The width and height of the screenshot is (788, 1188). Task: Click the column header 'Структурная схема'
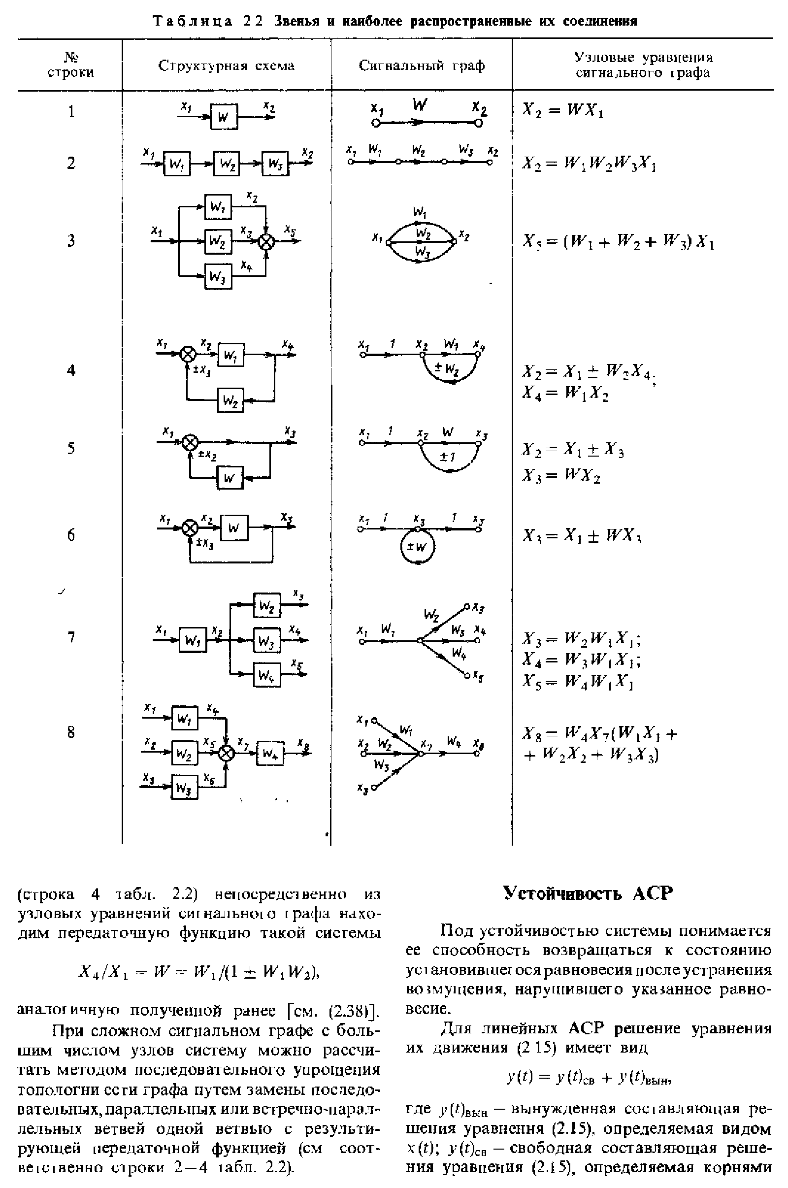226,66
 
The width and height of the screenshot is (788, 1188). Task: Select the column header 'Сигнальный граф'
422,66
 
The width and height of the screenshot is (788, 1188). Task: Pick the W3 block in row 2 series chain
275,164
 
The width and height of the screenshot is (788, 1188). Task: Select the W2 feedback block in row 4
230,400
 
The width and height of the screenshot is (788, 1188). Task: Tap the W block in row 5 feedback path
230,477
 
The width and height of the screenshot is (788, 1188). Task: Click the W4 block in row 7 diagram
267,675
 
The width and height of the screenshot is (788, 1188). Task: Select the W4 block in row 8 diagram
270,753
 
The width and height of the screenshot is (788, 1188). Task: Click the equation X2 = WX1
562,110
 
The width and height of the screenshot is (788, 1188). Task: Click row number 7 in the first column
71,637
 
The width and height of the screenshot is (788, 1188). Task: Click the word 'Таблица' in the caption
193,22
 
